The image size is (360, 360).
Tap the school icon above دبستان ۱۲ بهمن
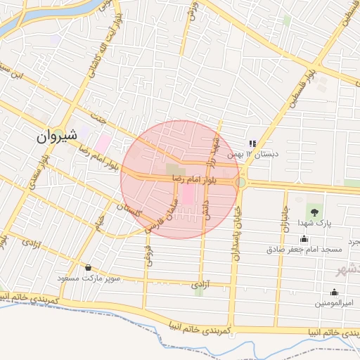[x=253, y=144]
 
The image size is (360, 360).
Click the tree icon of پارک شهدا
[x=314, y=211]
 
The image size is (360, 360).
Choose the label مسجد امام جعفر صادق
[x=304, y=249]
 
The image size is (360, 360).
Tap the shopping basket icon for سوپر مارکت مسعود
[x=88, y=268]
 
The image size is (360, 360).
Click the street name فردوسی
[x=148, y=250]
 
